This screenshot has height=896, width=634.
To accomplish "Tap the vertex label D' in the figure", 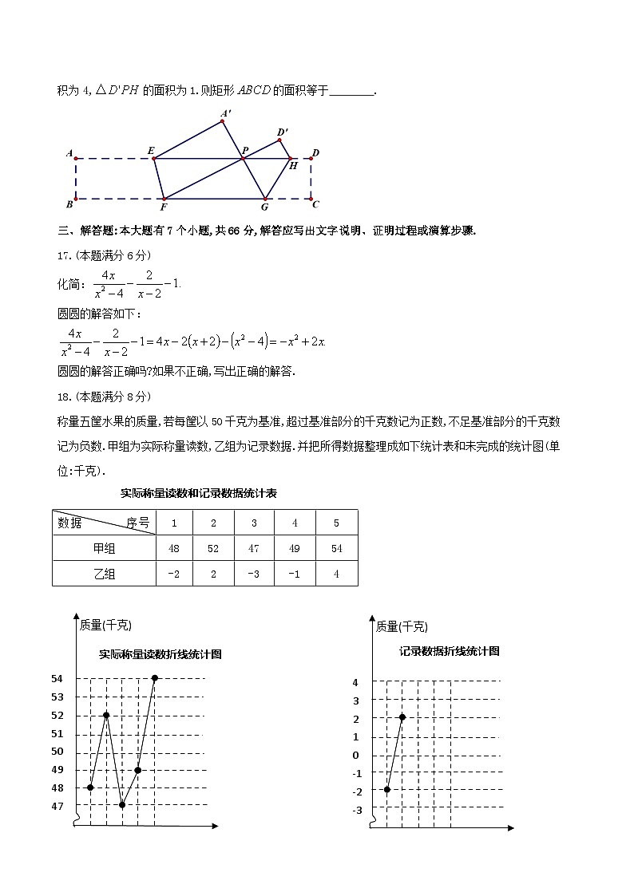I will tap(283, 132).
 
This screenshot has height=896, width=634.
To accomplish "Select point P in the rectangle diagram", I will tap(244, 150).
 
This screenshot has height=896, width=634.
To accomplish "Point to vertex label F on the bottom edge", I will tap(163, 207).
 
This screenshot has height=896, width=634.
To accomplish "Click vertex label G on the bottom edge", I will tap(264, 207).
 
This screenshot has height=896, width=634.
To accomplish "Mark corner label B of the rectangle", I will tap(69, 204).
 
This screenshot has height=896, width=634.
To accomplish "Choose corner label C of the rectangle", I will tap(316, 204).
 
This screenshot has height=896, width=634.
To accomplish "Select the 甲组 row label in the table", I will tap(104, 548).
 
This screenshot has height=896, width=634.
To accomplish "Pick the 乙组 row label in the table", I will tap(104, 574).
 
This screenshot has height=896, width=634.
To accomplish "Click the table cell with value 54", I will tap(336, 548).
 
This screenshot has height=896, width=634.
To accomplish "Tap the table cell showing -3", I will tap(254, 574).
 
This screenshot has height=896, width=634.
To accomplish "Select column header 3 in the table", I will tap(254, 523).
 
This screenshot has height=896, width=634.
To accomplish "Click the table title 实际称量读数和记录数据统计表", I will tap(198, 494).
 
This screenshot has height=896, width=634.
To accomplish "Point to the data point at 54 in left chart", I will tap(154, 678).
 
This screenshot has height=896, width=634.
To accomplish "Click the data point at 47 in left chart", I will tap(122, 805).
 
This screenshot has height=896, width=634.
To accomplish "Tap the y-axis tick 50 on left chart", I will tap(57, 752).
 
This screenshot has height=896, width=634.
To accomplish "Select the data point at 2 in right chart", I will tap(402, 717).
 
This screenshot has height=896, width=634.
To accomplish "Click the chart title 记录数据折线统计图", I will tap(450, 651).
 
